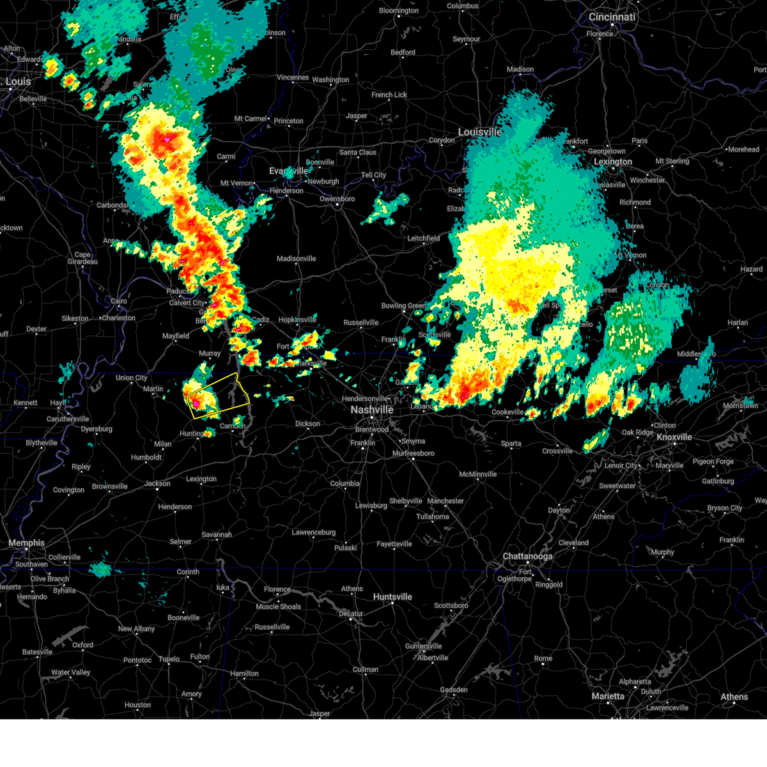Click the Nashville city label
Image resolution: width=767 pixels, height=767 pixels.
372,410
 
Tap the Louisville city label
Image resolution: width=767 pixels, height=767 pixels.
479,132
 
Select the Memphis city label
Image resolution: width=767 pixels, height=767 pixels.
26,543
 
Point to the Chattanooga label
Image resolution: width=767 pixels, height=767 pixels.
528,557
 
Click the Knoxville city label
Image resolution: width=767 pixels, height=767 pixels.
674,437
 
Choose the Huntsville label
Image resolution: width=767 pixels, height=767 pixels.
392,597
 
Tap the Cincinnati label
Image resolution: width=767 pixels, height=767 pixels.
612,17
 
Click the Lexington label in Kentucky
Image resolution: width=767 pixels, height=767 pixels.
613,162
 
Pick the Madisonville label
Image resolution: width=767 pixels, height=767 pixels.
297,259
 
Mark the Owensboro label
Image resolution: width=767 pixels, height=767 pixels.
337,199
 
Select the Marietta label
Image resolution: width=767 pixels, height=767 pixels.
608,696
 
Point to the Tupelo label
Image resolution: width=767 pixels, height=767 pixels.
169,659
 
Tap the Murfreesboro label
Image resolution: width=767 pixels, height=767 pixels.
414,454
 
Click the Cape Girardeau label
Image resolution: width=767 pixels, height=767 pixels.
82,258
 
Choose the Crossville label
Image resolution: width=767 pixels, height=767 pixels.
557,451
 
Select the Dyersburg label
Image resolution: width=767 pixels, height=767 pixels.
97,429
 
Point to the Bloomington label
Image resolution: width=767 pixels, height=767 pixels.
399,11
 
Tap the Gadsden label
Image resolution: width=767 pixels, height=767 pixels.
454,690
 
